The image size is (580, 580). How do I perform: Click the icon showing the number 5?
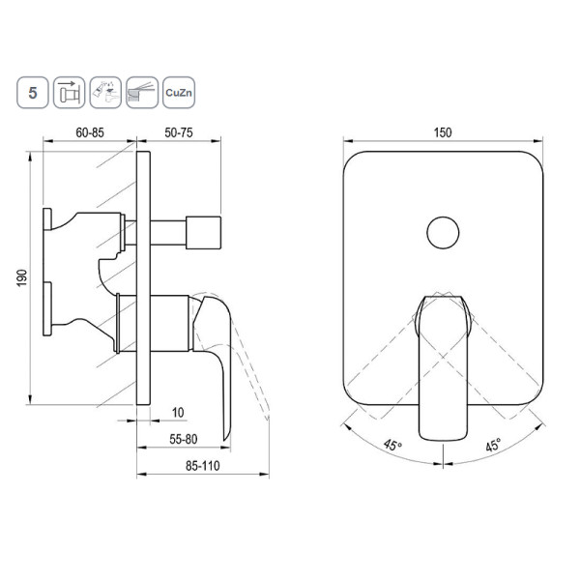[x=33, y=93]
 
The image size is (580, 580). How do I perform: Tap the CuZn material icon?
[x=179, y=93]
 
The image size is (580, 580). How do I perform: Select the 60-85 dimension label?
[x=90, y=132]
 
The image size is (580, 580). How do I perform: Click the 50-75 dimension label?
[x=179, y=132]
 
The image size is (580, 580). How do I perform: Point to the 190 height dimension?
[x=22, y=277]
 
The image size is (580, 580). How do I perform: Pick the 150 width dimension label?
[x=443, y=132]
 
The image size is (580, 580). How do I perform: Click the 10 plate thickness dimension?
[x=178, y=413]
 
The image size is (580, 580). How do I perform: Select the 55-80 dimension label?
[x=184, y=439]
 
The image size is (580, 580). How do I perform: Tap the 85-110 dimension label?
[x=203, y=466]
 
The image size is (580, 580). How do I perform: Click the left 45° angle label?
[x=392, y=445]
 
